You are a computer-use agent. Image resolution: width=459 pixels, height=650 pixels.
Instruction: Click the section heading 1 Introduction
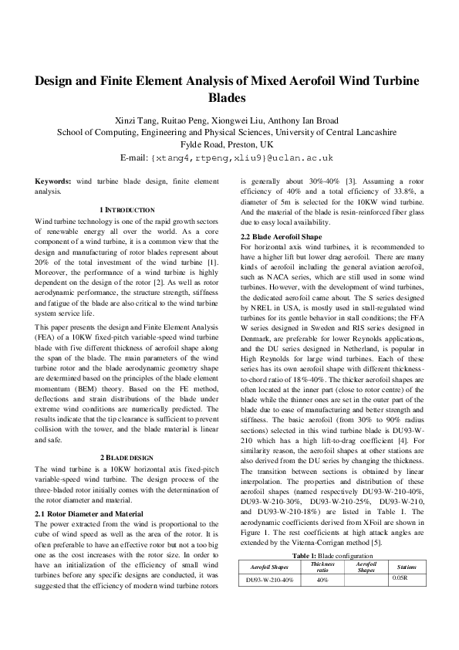click(127, 210)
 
